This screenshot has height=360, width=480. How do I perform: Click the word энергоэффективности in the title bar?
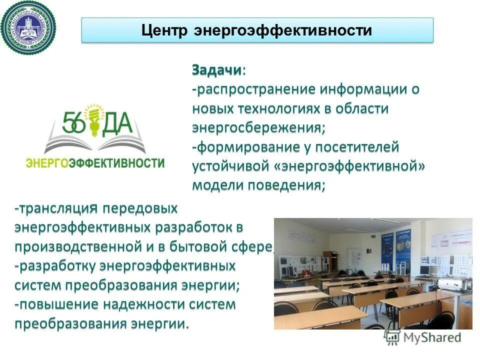[x=280, y=30]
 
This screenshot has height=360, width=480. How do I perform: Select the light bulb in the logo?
[x=93, y=119]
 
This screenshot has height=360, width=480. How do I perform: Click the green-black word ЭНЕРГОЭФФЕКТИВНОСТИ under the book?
[x=94, y=163]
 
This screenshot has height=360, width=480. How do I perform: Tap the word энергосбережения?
[x=258, y=128]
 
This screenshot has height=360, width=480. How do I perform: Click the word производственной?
[x=82, y=246]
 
